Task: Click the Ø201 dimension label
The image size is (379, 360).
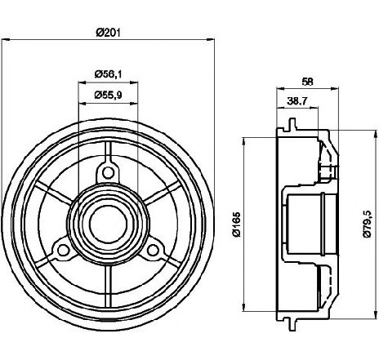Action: (x=108, y=33)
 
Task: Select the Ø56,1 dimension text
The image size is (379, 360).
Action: (x=109, y=73)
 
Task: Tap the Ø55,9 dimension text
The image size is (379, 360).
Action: (x=109, y=95)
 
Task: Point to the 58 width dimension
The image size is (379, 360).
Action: (x=307, y=82)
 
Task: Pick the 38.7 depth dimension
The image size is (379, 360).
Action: (x=297, y=101)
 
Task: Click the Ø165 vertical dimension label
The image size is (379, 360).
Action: (x=237, y=224)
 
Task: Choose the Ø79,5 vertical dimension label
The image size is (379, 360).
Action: (x=368, y=224)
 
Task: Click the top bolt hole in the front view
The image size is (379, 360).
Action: (x=108, y=172)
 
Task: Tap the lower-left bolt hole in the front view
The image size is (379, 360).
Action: (x=63, y=250)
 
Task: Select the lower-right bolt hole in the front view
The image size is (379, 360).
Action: (x=153, y=250)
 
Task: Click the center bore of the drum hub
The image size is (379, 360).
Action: (x=108, y=224)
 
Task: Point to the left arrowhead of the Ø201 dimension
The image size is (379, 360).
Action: (x=6, y=40)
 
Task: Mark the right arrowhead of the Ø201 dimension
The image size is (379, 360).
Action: (x=211, y=40)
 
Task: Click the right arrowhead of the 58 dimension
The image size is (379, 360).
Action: (x=335, y=88)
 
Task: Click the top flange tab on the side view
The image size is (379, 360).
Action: (x=292, y=124)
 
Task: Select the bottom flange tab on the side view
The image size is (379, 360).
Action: (x=292, y=325)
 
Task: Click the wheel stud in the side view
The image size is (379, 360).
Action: (x=328, y=171)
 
